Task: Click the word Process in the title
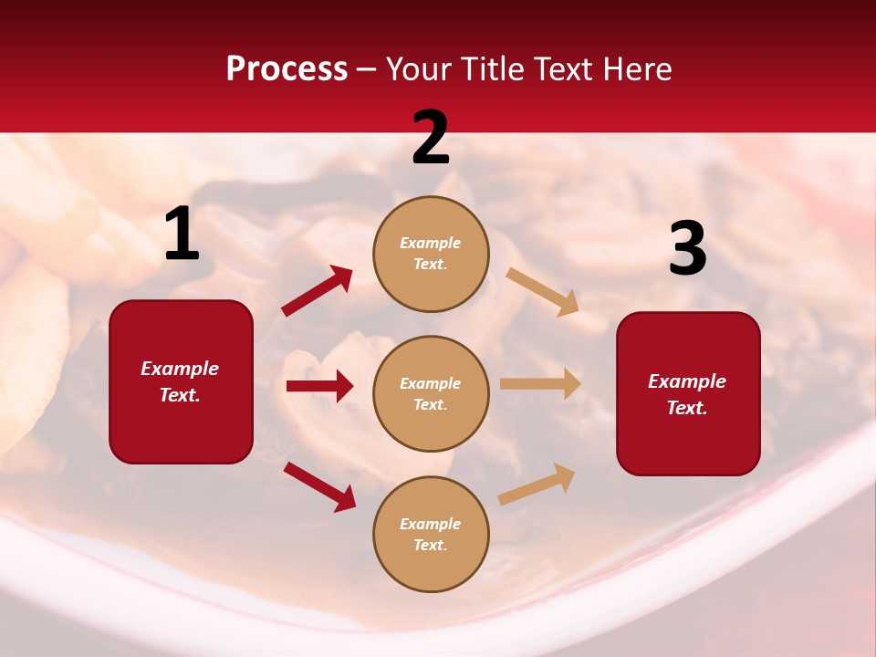click(287, 68)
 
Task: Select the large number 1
click(182, 235)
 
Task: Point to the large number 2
click(431, 139)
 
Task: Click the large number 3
click(687, 250)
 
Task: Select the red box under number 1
click(181, 381)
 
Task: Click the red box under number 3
click(688, 394)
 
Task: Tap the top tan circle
click(431, 253)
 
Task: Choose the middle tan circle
click(431, 393)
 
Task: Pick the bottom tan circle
click(431, 534)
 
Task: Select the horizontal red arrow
click(319, 386)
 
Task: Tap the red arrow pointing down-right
click(319, 486)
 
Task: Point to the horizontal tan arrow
click(540, 384)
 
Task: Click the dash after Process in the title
click(367, 69)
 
